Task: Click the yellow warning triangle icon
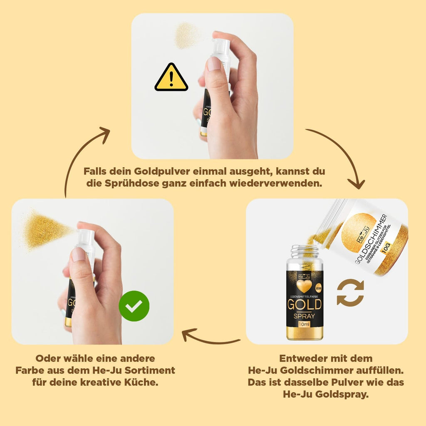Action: [x=171, y=78]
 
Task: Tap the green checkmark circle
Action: [x=134, y=306]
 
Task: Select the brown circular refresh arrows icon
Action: [x=350, y=292]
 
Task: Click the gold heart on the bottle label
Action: [x=305, y=286]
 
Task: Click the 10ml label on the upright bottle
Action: [x=305, y=324]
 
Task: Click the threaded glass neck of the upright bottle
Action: [x=305, y=251]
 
